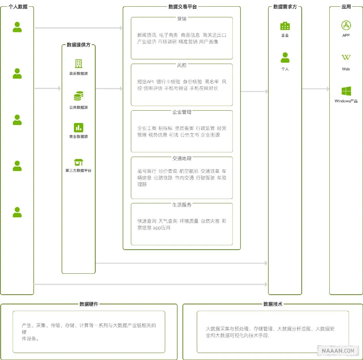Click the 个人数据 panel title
[x=18, y=6]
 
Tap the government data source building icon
[x=79, y=64]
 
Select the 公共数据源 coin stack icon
[x=79, y=96]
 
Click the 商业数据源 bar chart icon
[x=79, y=128]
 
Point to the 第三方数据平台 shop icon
[x=79, y=162]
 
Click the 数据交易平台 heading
[x=182, y=6]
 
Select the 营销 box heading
[x=182, y=19]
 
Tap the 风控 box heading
[x=182, y=65]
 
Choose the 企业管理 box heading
[x=182, y=112]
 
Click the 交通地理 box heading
[x=182, y=158]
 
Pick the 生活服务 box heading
[x=182, y=205]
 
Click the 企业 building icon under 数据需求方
[x=285, y=26]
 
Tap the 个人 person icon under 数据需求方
[x=285, y=58]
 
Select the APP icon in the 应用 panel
[x=346, y=25]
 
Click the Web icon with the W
[x=346, y=58]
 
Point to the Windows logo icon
[x=346, y=91]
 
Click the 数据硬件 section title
[x=89, y=304]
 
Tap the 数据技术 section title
[x=273, y=304]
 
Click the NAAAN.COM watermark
[x=338, y=350]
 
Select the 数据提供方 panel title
[x=79, y=45]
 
